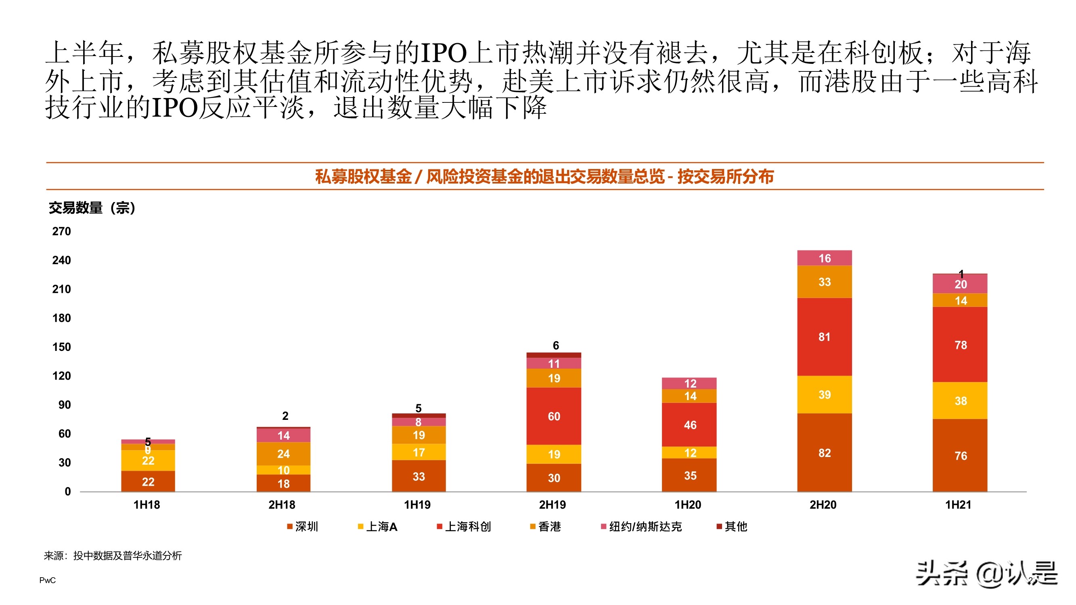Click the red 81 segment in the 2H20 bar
coord(824,336)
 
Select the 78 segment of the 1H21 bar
coord(960,344)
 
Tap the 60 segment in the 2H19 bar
coord(553,416)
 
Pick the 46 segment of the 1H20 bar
coord(689,425)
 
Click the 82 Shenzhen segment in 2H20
coord(824,453)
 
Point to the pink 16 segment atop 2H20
coord(824,258)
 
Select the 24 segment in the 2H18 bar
coord(283,453)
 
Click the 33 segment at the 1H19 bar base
coord(419,476)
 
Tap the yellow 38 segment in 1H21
coord(960,401)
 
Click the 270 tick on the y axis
coord(61,231)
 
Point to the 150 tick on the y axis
coord(61,347)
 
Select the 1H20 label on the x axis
coord(688,505)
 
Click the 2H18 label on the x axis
coord(282,505)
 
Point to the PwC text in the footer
coord(47,580)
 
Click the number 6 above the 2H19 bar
coord(555,345)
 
